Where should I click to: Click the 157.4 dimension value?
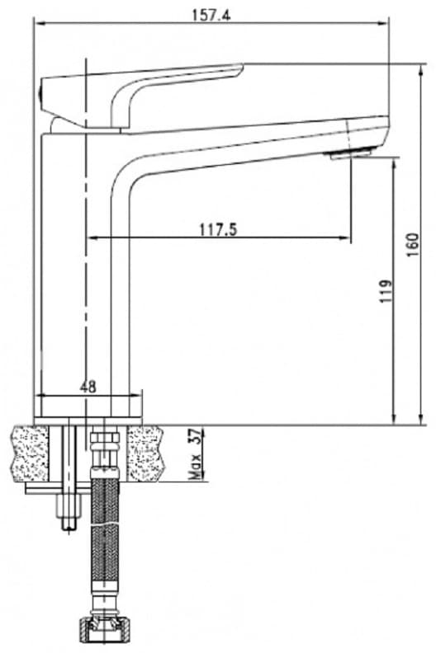pyautogui.click(x=211, y=15)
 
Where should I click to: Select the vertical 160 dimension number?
pyautogui.click(x=413, y=245)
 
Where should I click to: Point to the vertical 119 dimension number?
pyautogui.click(x=386, y=291)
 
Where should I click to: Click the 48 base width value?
pyautogui.click(x=88, y=387)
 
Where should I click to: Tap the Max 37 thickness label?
pyautogui.click(x=195, y=454)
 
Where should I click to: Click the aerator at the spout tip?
pyautogui.click(x=349, y=153)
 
